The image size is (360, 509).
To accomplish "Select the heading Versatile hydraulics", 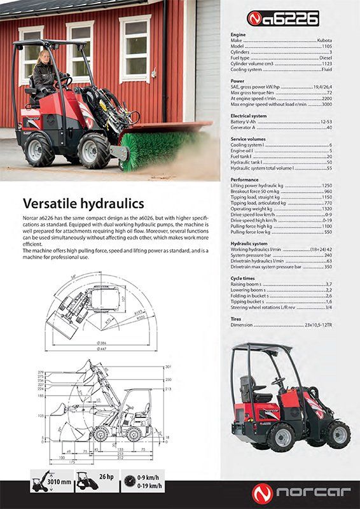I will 83,204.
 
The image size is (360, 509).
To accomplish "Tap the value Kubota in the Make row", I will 324,40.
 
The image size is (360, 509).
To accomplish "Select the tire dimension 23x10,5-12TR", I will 318,324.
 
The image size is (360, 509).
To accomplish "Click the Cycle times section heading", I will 243,278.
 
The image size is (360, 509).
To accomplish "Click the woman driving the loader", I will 45,74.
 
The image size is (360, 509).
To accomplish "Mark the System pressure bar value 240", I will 328,254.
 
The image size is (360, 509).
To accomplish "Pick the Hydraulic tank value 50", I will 329,162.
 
